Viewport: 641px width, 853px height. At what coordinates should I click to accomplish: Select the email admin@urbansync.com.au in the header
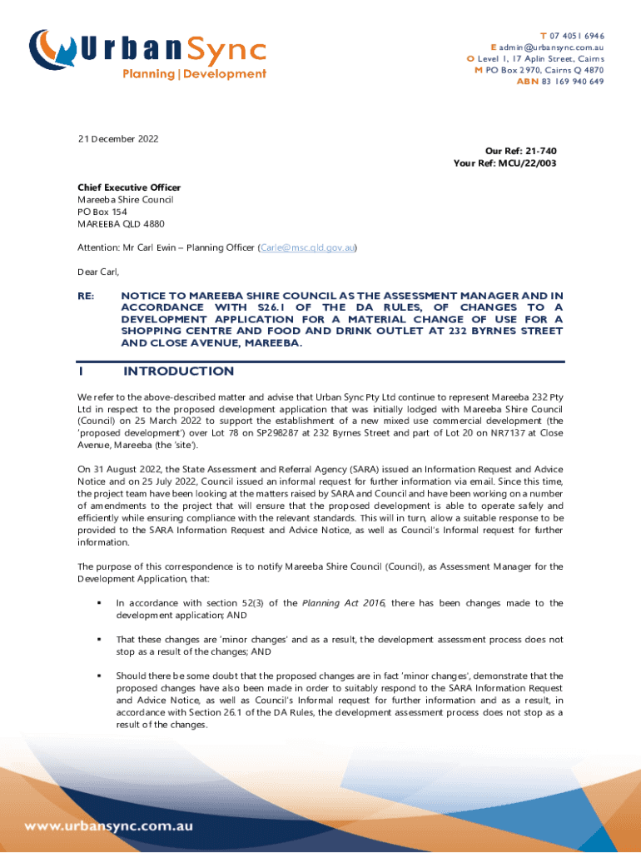[x=551, y=47]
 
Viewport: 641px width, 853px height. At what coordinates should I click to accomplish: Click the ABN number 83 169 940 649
[x=573, y=82]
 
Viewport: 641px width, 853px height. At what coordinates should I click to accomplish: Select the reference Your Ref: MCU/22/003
[x=504, y=163]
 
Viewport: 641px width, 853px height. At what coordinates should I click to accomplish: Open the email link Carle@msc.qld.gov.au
[x=308, y=247]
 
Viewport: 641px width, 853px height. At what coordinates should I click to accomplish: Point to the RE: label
[x=87, y=296]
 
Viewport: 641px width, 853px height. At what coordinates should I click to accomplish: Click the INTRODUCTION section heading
[x=178, y=372]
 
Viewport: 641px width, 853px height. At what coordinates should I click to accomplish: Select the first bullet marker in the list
[x=99, y=603]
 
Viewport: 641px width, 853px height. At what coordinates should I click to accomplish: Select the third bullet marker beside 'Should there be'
[x=99, y=676]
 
